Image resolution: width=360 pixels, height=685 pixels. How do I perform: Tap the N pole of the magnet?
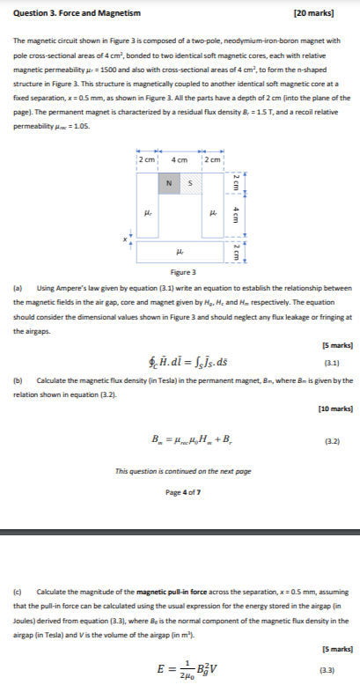click(168, 183)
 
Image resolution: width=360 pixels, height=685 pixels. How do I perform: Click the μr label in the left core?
click(148, 213)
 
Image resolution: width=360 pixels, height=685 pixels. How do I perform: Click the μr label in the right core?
click(214, 213)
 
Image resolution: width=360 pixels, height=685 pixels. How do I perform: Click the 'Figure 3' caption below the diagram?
click(180, 273)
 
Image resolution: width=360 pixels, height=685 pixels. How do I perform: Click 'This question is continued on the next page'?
click(180, 470)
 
